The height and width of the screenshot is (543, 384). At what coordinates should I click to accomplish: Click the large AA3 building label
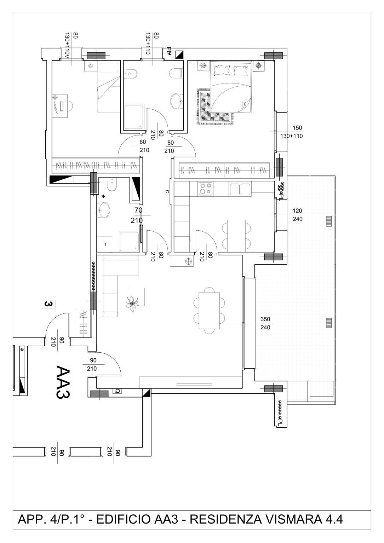point(63,382)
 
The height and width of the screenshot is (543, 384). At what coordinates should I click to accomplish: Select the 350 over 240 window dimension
point(265,323)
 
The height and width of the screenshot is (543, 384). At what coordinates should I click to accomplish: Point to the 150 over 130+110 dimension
point(292,132)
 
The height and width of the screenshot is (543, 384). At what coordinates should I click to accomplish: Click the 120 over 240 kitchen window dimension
point(297,215)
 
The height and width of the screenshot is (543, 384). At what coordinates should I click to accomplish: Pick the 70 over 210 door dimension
point(137,215)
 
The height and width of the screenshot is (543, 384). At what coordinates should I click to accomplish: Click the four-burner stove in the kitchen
point(206,189)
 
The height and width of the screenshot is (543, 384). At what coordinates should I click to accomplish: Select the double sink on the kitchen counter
point(240,189)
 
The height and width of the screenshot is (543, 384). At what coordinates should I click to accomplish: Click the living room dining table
point(209,310)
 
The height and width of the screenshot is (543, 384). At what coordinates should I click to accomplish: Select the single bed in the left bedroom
point(109,87)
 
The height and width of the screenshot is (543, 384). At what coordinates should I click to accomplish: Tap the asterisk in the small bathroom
point(103,197)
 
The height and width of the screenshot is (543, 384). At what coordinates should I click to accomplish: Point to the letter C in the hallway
point(167,191)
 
